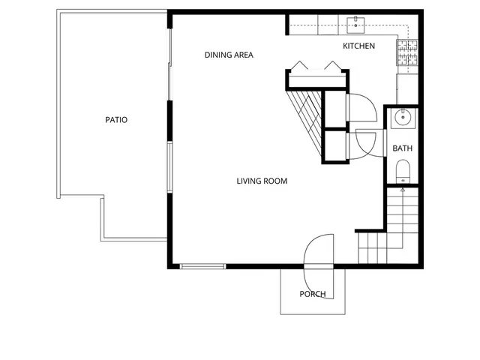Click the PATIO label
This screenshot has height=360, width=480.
115,119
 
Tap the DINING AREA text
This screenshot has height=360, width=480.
229,55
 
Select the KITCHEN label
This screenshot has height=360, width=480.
358,46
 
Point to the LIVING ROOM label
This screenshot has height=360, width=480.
262,181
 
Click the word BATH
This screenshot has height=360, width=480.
403,148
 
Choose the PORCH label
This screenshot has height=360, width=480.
313,294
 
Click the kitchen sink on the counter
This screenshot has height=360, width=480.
356,24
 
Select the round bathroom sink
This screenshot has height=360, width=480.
403,116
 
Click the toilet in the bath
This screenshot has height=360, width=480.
403,170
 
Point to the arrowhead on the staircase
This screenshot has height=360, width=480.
403,190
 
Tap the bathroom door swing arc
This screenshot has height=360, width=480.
369,142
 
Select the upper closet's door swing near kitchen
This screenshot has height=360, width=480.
362,107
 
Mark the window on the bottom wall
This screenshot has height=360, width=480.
203,265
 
